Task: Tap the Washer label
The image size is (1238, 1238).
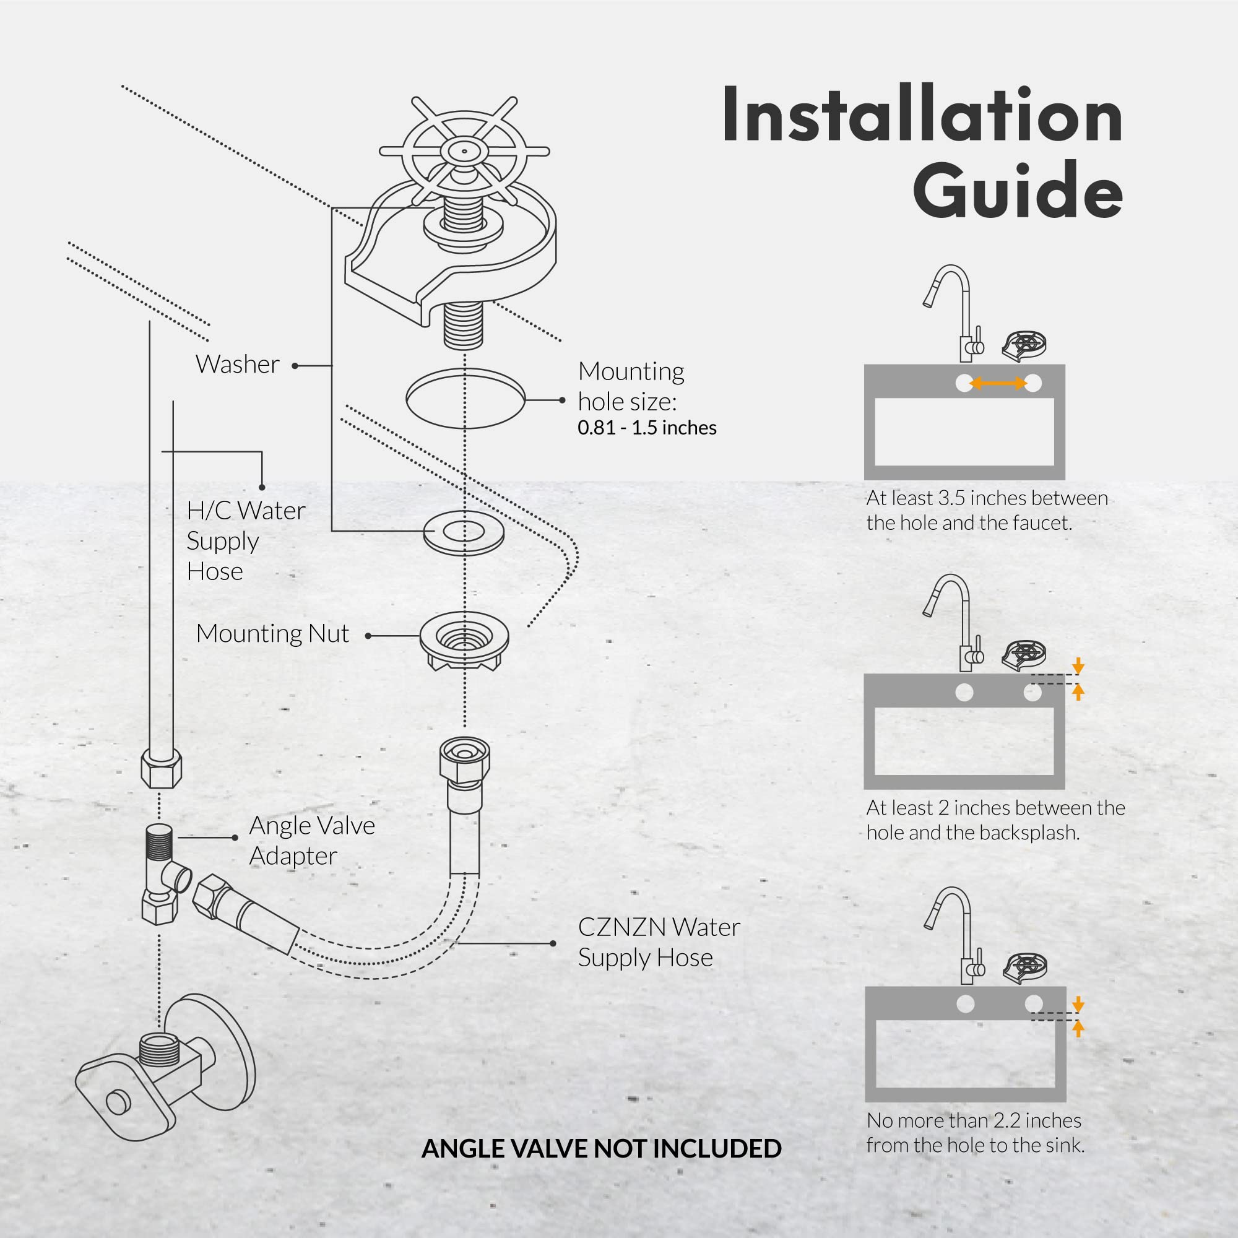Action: coord(237,365)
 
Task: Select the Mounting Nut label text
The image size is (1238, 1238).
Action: coord(272,634)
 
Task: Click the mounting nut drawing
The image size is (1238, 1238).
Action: coord(464,643)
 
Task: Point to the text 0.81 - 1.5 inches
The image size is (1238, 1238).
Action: coord(647,428)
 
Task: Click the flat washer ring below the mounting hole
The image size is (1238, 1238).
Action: coord(463,532)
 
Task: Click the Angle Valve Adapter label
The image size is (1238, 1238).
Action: coord(311,841)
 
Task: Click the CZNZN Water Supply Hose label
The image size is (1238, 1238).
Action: coord(658,942)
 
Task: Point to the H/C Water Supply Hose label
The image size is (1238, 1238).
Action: coord(245,541)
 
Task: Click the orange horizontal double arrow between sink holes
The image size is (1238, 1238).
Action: coord(998,383)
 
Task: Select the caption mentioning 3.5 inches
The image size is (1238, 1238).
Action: coord(986,510)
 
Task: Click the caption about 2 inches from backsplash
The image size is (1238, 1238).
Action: coord(995,820)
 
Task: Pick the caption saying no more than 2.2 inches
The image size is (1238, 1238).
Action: coord(975,1132)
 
